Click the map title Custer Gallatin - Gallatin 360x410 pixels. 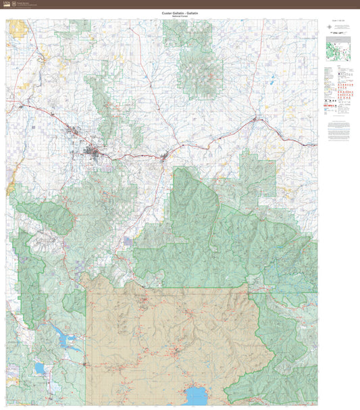180,12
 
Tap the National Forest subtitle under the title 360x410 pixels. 180,16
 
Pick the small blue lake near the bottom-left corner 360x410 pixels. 40,368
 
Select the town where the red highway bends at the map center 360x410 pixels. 164,156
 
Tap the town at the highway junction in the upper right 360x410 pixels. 255,120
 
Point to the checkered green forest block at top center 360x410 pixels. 197,61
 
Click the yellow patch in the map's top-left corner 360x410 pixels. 16,28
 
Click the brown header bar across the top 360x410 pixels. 180,4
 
